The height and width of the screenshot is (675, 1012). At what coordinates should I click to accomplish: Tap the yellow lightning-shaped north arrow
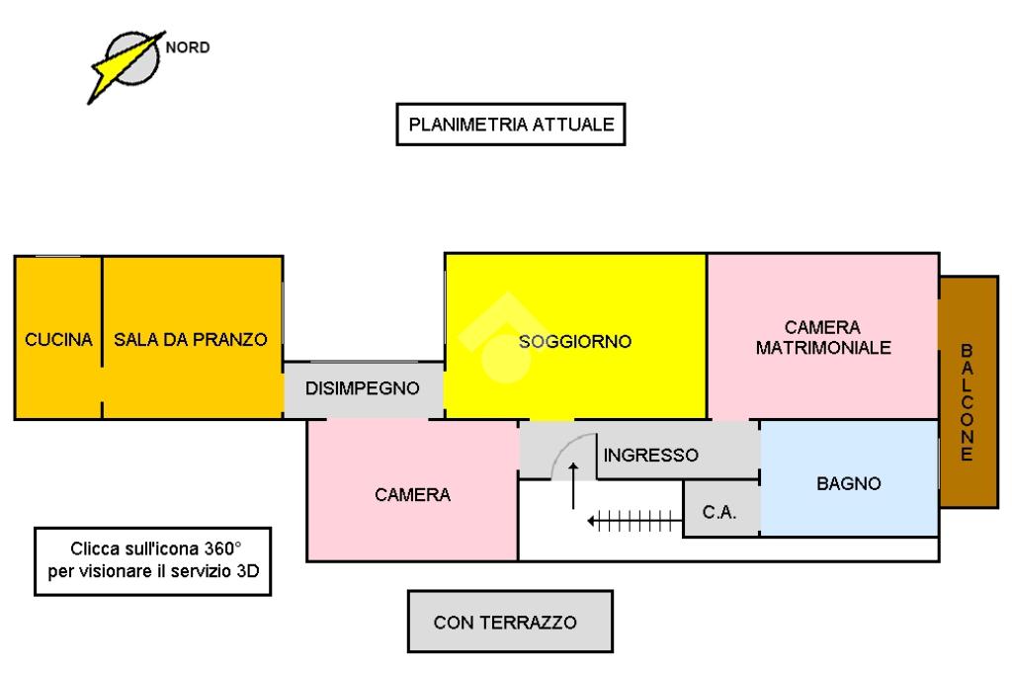tap(123, 68)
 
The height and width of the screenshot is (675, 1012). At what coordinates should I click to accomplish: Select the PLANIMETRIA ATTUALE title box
tap(512, 126)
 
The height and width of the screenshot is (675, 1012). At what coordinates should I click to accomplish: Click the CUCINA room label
tap(59, 340)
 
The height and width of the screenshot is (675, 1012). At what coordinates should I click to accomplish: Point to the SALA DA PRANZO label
tap(191, 340)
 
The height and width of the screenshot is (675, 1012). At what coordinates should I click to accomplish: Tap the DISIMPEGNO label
tap(362, 388)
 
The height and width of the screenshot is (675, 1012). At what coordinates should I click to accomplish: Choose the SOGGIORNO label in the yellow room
tap(575, 342)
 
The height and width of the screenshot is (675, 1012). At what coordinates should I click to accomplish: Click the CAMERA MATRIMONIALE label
tap(823, 337)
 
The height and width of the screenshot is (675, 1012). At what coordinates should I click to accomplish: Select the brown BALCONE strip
tap(968, 391)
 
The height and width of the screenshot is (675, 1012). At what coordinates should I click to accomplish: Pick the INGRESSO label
tap(651, 456)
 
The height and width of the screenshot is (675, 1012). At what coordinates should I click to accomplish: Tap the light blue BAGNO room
tap(849, 484)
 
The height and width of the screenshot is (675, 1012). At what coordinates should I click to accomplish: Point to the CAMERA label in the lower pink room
tap(412, 495)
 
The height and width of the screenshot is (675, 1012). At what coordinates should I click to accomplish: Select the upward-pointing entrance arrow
tap(573, 483)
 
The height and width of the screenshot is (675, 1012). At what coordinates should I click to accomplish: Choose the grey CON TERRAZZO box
tap(510, 622)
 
